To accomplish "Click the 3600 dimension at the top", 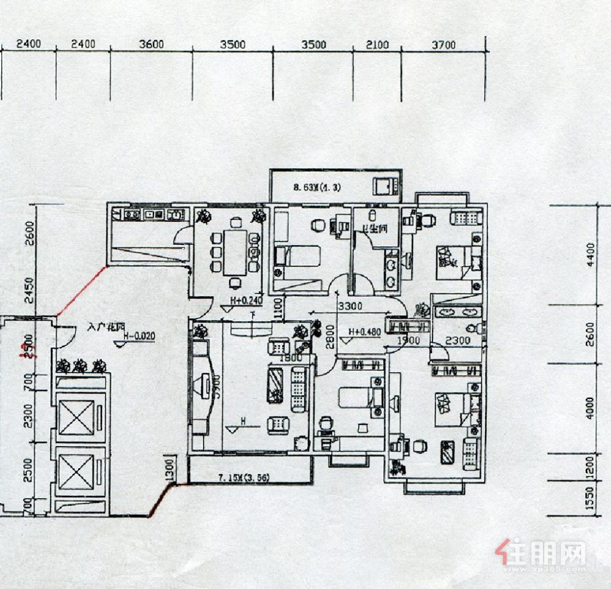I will pyautogui.click(x=152, y=45).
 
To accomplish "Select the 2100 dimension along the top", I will pyautogui.click(x=378, y=45).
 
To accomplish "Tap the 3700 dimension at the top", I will pyautogui.click(x=444, y=45).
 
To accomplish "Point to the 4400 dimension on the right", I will pyautogui.click(x=590, y=252).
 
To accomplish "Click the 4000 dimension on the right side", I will pyautogui.click(x=590, y=408).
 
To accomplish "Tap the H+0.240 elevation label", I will pyautogui.click(x=246, y=301).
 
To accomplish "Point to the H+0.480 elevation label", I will pyautogui.click(x=364, y=333).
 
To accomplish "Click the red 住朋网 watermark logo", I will pyautogui.click(x=543, y=553).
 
